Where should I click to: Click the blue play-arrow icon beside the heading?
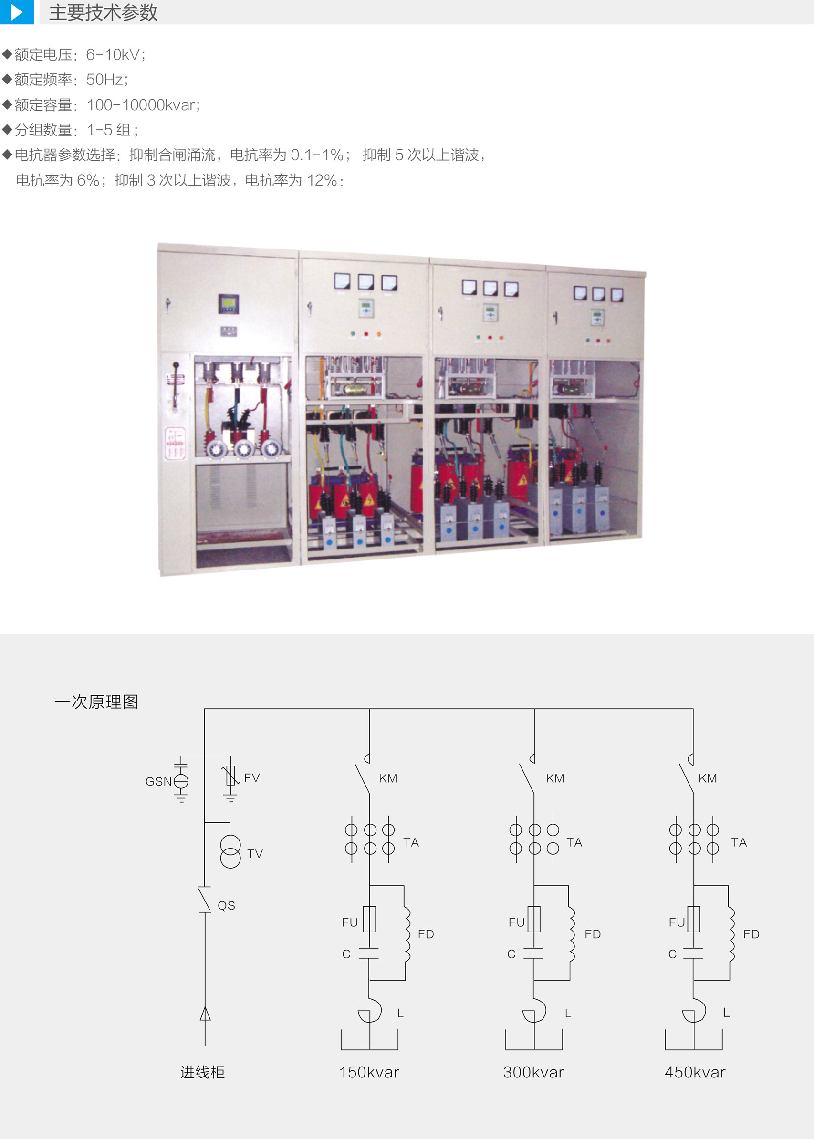[17, 12]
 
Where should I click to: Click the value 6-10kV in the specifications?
[115, 54]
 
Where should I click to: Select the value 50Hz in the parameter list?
[107, 79]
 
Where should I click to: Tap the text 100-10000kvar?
[143, 105]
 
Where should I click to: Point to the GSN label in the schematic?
[158, 781]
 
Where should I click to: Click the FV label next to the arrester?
[251, 778]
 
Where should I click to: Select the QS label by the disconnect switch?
[226, 905]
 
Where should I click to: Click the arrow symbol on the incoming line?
[205, 1014]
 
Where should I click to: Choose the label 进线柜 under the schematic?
[202, 1072]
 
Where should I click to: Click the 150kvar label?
[369, 1072]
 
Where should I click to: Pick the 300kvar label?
[534, 1072]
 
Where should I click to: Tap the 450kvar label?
[695, 1072]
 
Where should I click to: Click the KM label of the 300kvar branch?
[555, 778]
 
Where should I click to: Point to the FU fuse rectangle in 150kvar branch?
[369, 919]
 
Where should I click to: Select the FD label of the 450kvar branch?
[751, 934]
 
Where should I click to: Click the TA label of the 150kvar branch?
[411, 842]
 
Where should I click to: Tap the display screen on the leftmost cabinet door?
[228, 304]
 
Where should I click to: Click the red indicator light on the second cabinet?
[366, 334]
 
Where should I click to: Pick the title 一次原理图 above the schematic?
[96, 702]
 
